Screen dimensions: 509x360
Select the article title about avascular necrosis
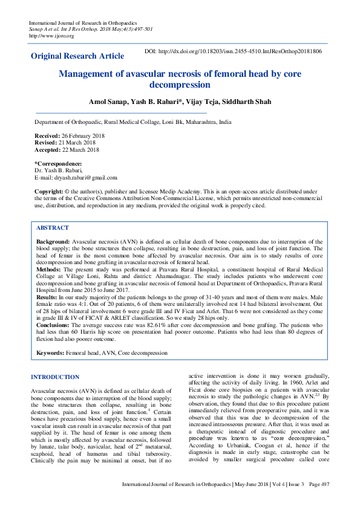[x=180, y=79]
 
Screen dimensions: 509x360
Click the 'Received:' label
[x=47, y=137]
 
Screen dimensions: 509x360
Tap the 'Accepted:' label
[x=48, y=150]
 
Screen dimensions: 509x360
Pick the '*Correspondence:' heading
[x=58, y=164]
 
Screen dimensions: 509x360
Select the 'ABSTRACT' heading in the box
[x=53, y=228]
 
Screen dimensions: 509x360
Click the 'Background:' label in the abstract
[x=53, y=241]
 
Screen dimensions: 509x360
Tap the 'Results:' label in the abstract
[x=47, y=298]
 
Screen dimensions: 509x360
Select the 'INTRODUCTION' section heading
[x=55, y=377]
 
